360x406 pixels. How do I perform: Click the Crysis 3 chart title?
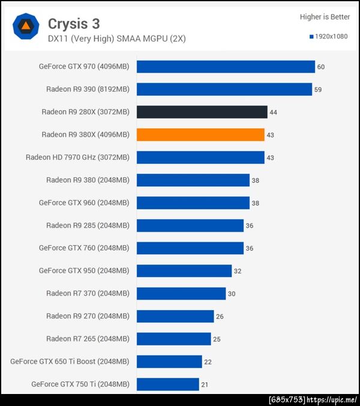pos(74,24)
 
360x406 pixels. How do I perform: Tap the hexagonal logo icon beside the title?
pos(26,26)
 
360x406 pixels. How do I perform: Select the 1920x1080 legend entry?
pos(329,37)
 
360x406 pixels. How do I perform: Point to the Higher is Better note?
pos(325,17)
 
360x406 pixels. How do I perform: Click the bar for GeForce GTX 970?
pos(226,67)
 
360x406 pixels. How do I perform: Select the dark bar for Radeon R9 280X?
pos(202,112)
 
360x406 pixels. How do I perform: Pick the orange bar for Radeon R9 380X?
pos(200,135)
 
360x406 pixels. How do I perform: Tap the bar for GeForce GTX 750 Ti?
pos(167,384)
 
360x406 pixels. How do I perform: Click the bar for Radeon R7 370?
pos(181,293)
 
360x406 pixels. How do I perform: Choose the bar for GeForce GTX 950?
pos(184,270)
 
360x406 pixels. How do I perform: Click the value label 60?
pos(321,67)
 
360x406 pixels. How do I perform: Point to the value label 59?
pos(318,90)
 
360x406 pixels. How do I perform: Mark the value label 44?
pos(273,112)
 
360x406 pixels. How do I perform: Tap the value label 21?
pos(205,384)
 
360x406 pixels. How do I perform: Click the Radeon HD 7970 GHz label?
pos(77,158)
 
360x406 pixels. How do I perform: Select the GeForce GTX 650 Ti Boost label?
pos(70,362)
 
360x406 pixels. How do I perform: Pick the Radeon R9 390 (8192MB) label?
pos(88,89)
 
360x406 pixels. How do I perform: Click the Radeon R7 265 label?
pos(88,339)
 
